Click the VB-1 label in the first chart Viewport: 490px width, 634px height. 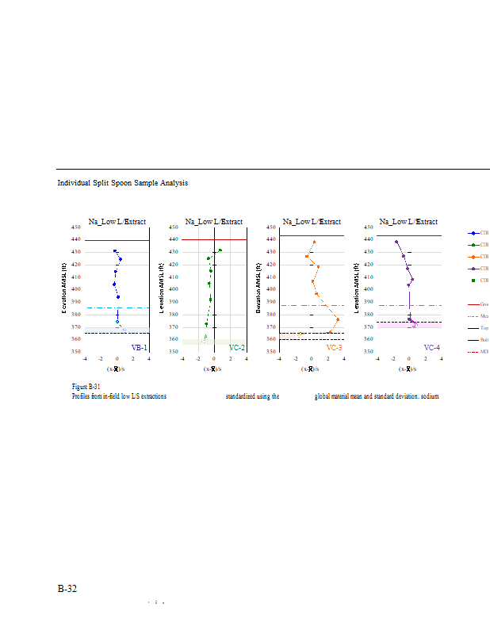tap(140, 348)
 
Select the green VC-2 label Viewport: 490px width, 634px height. tap(236, 348)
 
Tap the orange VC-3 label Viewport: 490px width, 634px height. tap(334, 348)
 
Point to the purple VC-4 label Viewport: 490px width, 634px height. tap(431, 348)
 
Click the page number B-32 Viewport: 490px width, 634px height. tap(67, 589)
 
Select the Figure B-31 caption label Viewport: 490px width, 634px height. tap(85, 386)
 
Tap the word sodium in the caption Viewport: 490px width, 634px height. tap(428, 395)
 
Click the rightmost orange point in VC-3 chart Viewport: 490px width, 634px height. tap(338, 320)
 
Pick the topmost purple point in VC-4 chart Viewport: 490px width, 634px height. tap(396, 242)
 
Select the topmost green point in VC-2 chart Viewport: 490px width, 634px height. tap(220, 250)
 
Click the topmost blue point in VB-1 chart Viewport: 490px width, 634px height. tap(115, 251)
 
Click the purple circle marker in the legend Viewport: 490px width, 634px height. tap(473, 269)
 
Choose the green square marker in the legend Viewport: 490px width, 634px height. tap(473, 281)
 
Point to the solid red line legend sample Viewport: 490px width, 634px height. tap(473, 304)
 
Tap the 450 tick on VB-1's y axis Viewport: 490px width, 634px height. tap(78, 227)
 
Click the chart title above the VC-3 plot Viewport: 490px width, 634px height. tap(312, 222)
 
